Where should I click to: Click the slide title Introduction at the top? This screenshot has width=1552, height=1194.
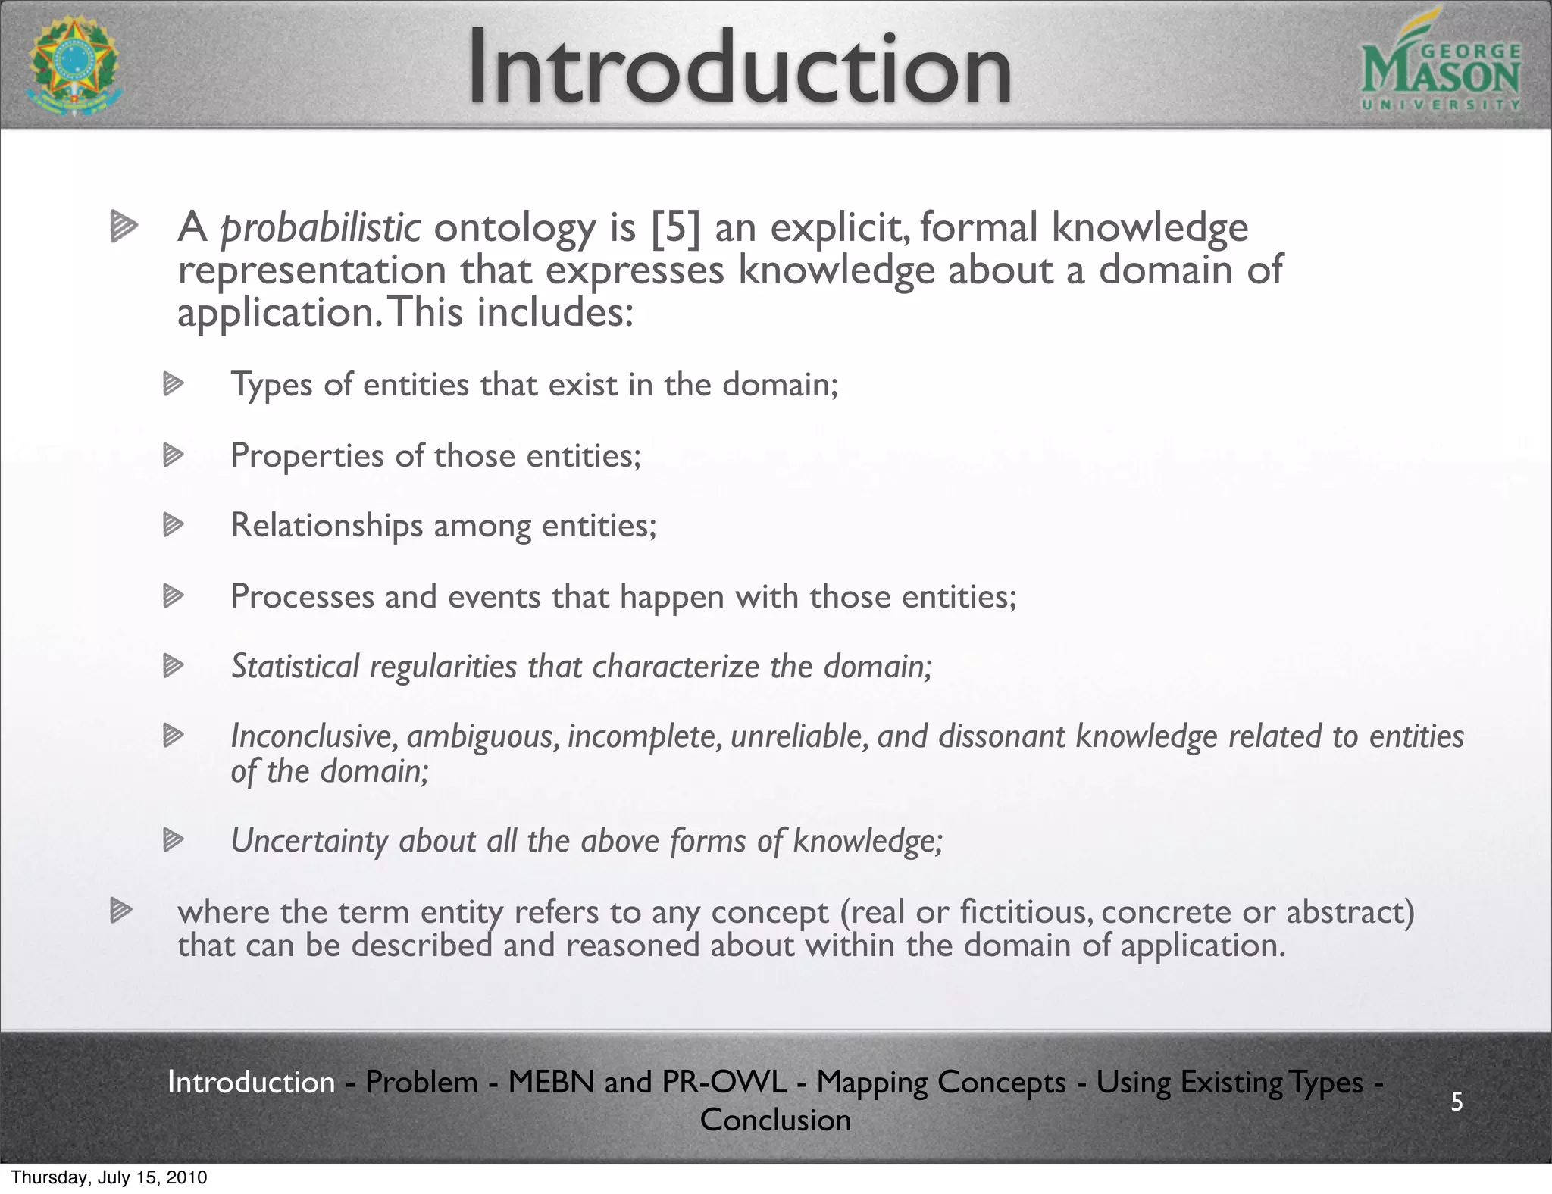pos(739,68)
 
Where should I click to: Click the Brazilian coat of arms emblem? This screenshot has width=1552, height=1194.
pos(73,67)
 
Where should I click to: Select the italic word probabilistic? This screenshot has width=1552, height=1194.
pos(320,228)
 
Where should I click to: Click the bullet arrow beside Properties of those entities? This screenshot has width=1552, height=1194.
pos(174,455)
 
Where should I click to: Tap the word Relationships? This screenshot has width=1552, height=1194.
pos(327,525)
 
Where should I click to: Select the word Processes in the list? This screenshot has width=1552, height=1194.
pos(302,596)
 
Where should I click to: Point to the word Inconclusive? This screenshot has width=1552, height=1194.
pos(314,736)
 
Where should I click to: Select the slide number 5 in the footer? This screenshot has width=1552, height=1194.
pos(1457,1102)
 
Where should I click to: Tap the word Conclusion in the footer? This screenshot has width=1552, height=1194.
pos(775,1120)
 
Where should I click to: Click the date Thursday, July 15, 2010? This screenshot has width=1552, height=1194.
pos(109,1178)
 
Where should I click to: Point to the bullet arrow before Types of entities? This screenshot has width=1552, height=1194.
pos(174,385)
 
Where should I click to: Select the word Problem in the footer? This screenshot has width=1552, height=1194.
pos(421,1082)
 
